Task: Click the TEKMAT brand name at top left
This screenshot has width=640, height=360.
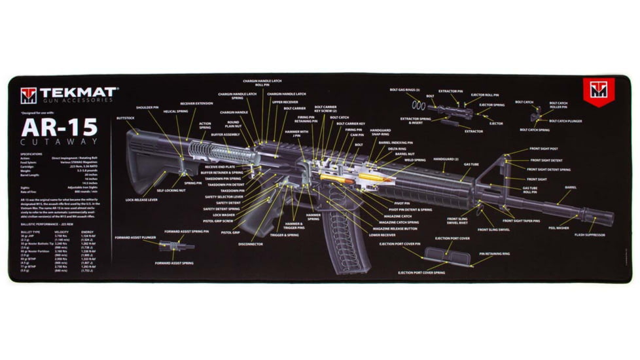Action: pyautogui.click(x=79, y=92)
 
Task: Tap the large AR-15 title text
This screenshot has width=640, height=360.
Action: pyautogui.click(x=60, y=126)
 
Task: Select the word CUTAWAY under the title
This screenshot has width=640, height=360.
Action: pyautogui.click(x=60, y=142)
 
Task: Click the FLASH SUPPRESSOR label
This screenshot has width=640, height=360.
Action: pyautogui.click(x=590, y=234)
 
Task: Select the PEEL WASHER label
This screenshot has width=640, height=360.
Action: pyautogui.click(x=558, y=228)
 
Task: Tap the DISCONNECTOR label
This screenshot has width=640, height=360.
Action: pyautogui.click(x=251, y=244)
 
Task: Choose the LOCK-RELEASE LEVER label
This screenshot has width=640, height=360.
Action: pyautogui.click(x=141, y=199)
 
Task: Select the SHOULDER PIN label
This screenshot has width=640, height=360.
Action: pyautogui.click(x=148, y=107)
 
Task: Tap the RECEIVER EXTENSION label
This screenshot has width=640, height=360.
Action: pyautogui.click(x=196, y=103)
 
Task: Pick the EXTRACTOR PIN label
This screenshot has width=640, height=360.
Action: pyautogui.click(x=450, y=92)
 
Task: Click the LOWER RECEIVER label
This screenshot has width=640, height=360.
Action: pyautogui.click(x=382, y=235)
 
